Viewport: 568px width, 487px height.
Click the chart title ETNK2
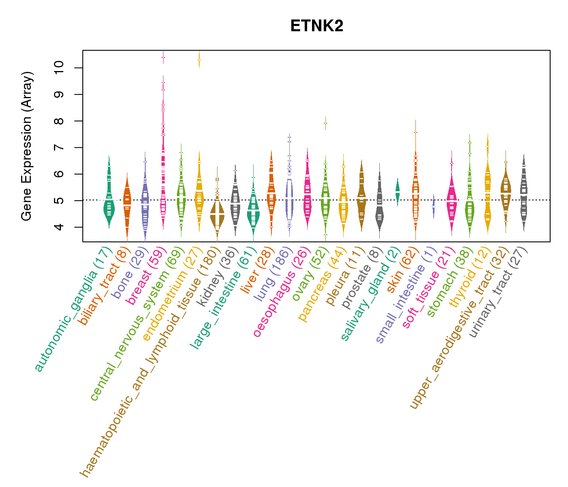[317, 26]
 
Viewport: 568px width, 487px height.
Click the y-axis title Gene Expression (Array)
[26, 146]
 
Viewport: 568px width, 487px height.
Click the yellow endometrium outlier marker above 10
[199, 60]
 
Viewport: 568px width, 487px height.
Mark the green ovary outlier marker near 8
[325, 123]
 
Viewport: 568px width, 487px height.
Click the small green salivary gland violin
[398, 191]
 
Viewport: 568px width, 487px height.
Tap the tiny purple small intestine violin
[434, 206]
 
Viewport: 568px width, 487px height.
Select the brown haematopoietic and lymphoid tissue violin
[217, 215]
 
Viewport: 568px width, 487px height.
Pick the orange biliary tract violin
[127, 203]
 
